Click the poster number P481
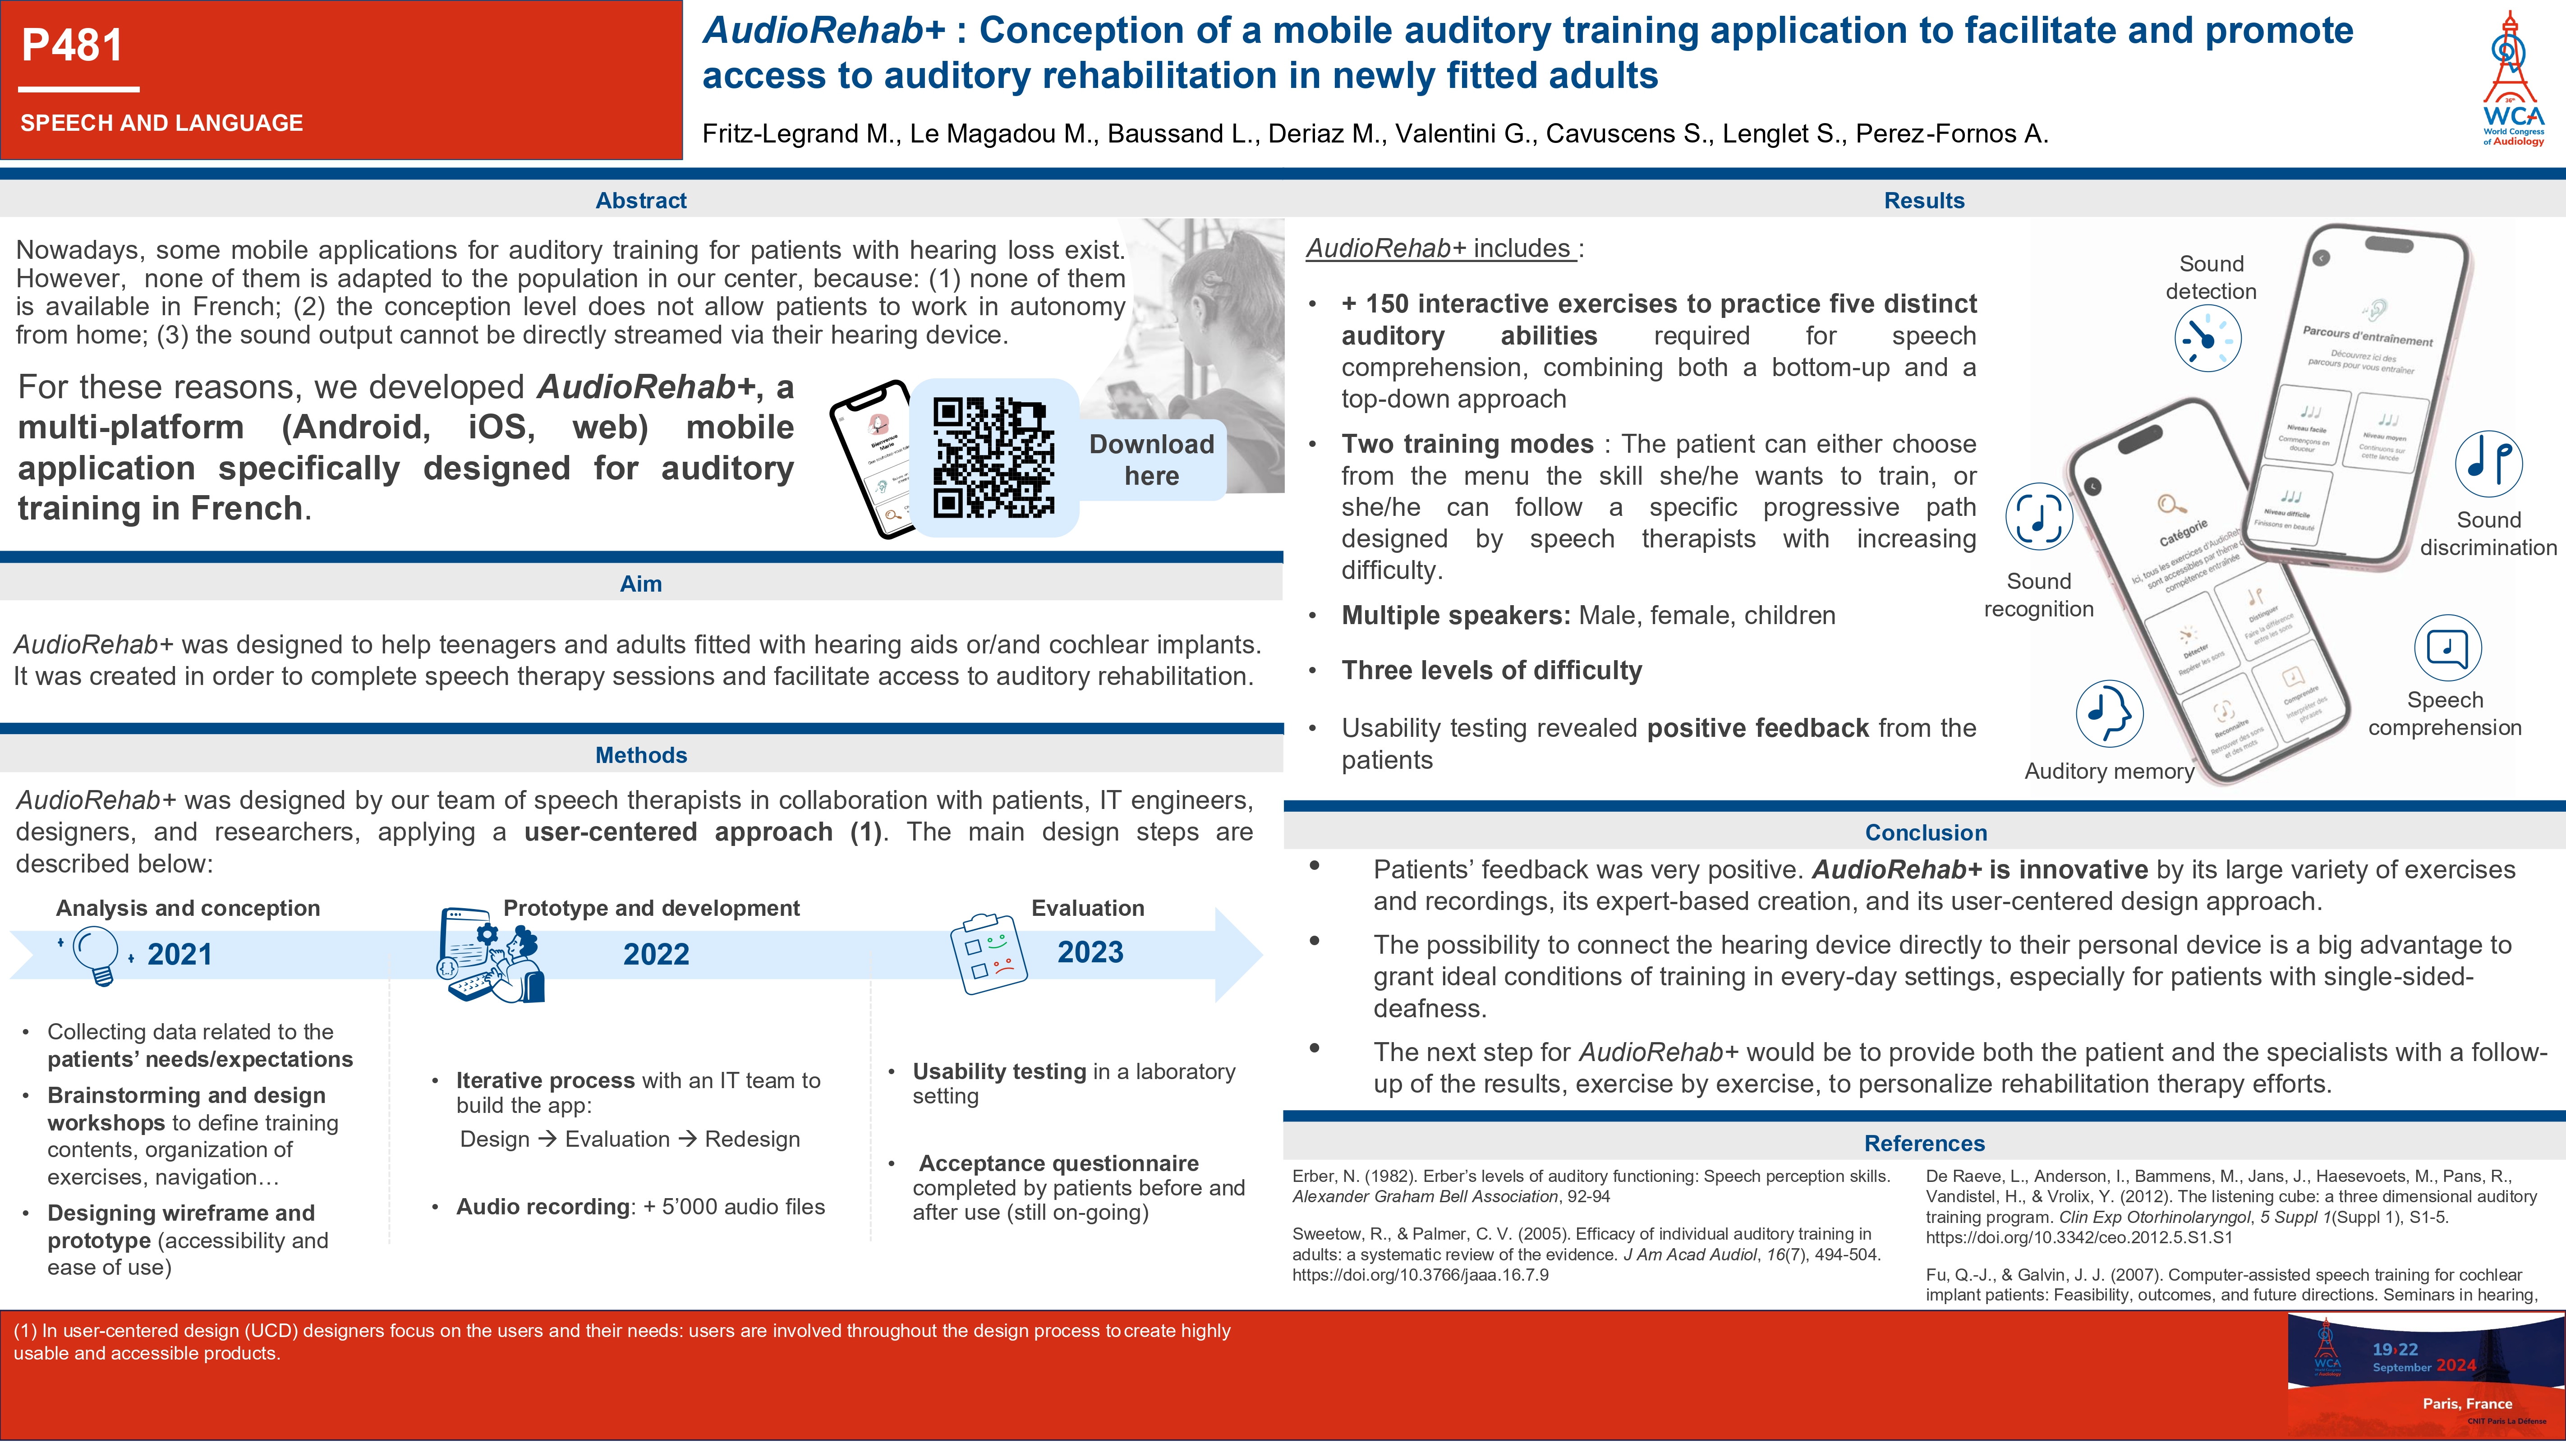click(73, 46)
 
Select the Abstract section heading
click(640, 200)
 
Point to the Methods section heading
click(640, 755)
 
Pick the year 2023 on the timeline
click(1090, 952)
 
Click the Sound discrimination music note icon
click(2488, 463)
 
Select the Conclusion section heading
click(1925, 832)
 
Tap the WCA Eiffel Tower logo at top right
click(2511, 80)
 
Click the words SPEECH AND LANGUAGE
click(161, 123)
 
